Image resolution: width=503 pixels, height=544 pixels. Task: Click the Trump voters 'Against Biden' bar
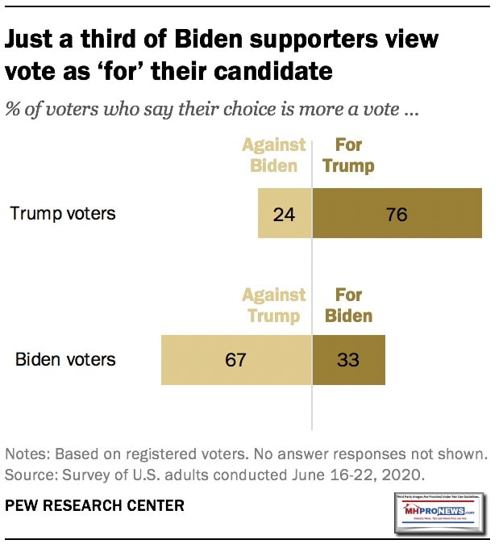pyautogui.click(x=285, y=214)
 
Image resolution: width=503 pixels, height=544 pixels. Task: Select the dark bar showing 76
pyautogui.click(x=397, y=214)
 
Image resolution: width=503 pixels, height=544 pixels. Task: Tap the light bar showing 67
pyautogui.click(x=236, y=358)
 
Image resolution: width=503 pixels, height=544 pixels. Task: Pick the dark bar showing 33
pyautogui.click(x=348, y=358)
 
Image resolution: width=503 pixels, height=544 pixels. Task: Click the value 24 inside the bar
pyautogui.click(x=285, y=215)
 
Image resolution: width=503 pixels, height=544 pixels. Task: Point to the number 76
pyautogui.click(x=397, y=215)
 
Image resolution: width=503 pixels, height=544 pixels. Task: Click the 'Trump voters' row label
pyautogui.click(x=63, y=214)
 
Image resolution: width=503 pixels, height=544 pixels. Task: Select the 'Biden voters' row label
pyautogui.click(x=66, y=358)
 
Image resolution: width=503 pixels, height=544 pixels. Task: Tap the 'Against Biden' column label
pyautogui.click(x=274, y=155)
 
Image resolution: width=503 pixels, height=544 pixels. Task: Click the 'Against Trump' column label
pyautogui.click(x=274, y=305)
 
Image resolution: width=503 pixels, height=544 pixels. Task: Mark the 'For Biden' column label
pyautogui.click(x=348, y=305)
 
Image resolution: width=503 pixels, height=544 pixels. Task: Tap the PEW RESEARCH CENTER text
pyautogui.click(x=95, y=506)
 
